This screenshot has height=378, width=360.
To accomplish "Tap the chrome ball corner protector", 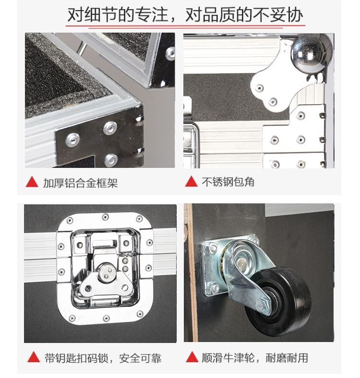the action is coord(308,52).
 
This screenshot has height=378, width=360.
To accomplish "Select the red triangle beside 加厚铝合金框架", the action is coord(32,182).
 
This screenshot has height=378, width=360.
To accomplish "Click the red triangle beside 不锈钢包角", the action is coord(191,181).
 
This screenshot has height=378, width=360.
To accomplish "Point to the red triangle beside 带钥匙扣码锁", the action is coord(34,357).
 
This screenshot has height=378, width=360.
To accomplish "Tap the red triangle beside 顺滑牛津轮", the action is coord(192,357).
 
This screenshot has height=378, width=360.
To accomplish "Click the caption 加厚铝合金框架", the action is coord(80,183).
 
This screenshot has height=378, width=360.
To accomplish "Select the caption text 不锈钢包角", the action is coord(228,182).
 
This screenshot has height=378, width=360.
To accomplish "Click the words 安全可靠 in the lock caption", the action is coord(140,358).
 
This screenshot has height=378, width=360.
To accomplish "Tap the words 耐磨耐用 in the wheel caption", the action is coord(287,358).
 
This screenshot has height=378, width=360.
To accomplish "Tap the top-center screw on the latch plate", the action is coord(105,217).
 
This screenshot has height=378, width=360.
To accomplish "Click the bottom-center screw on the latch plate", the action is coord(106,319).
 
